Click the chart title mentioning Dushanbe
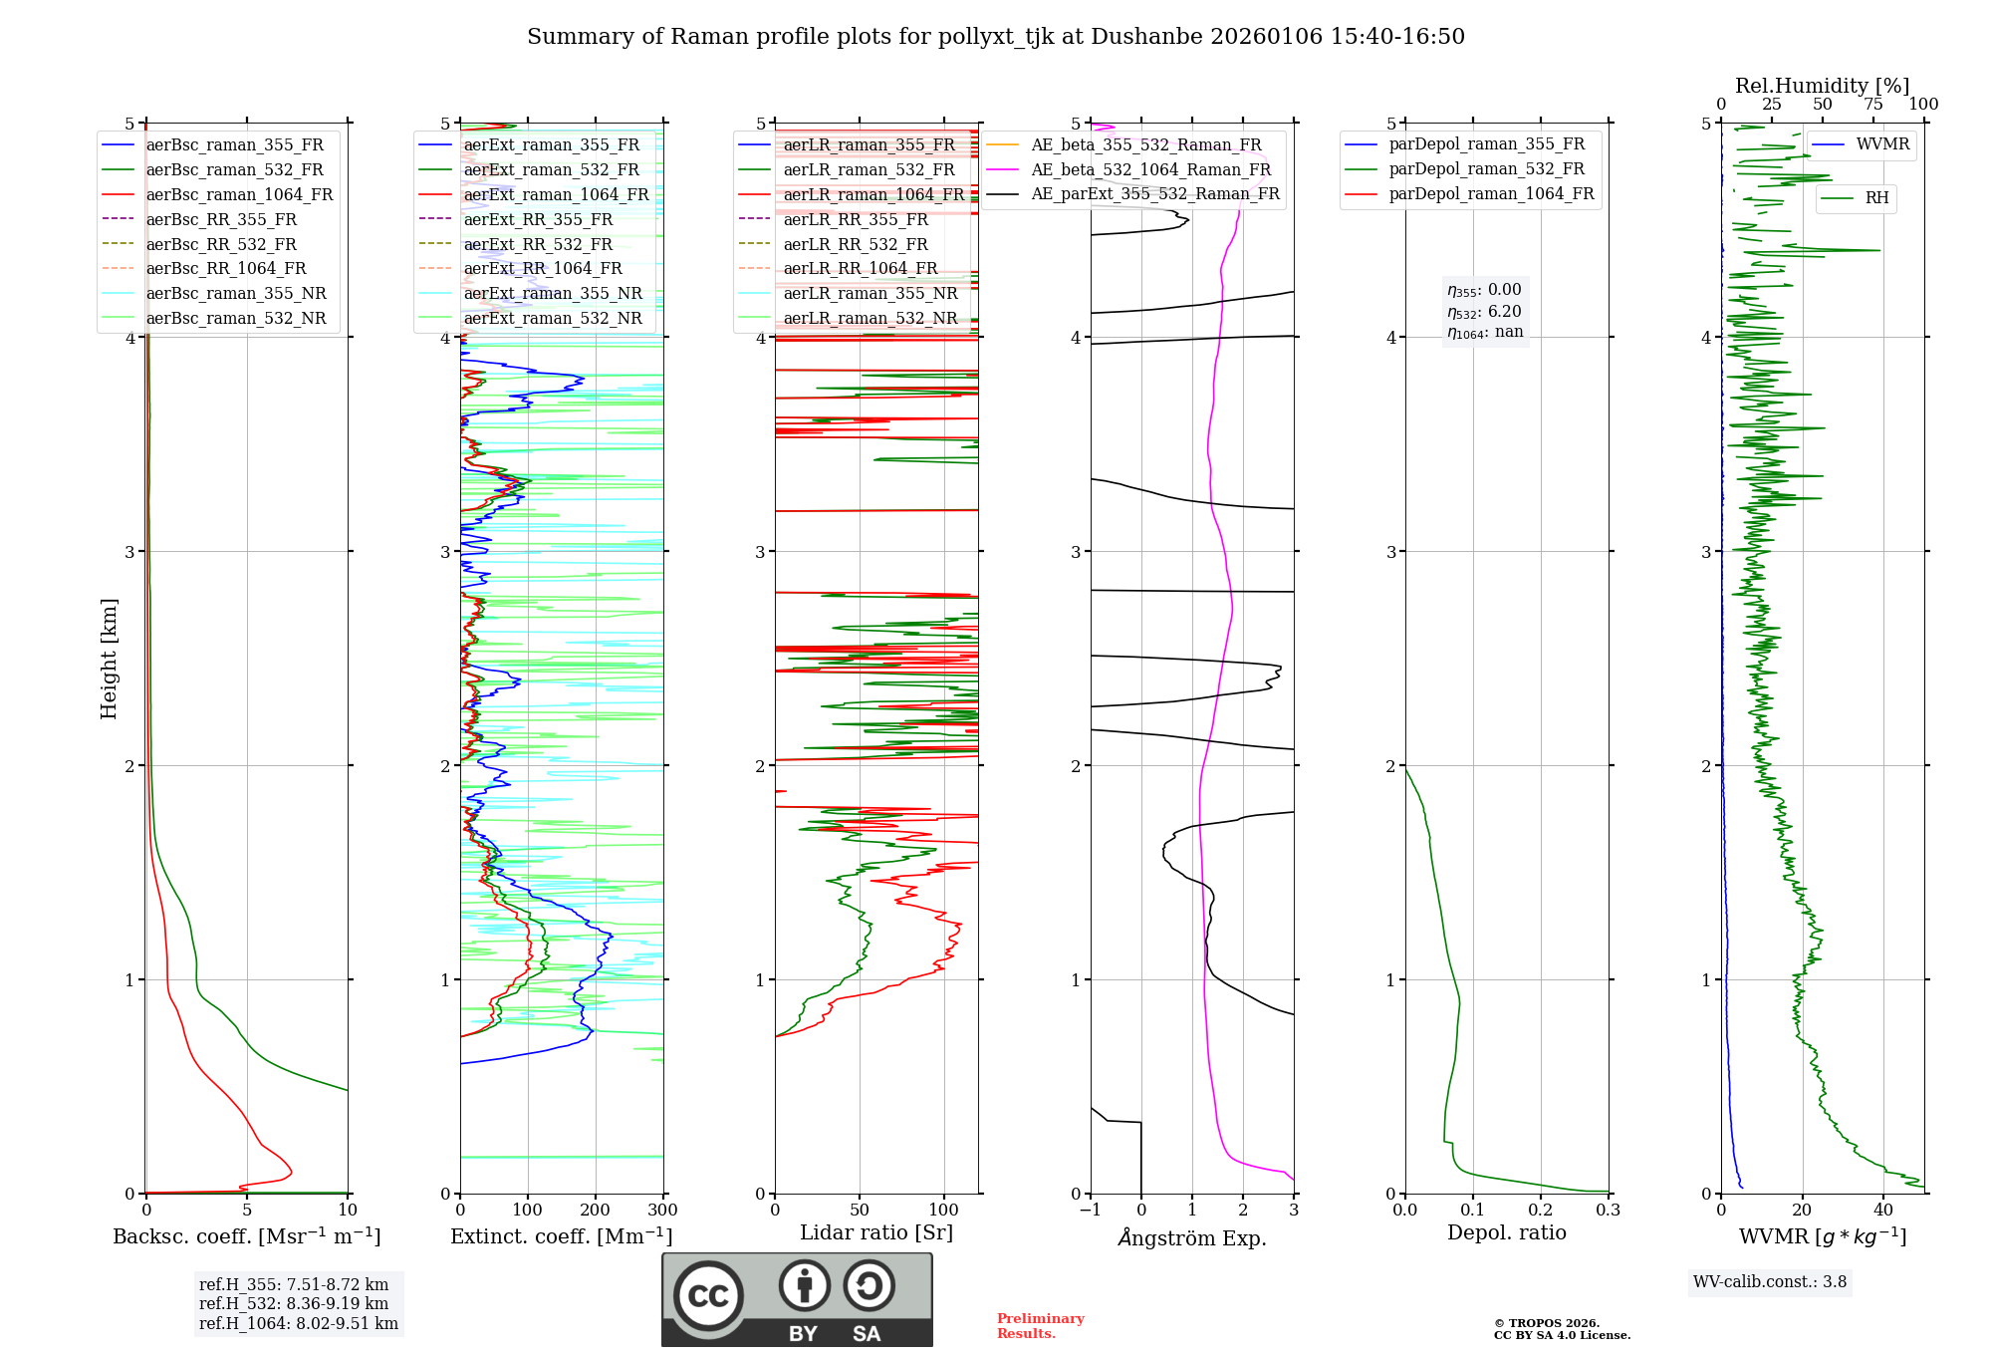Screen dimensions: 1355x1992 [995, 37]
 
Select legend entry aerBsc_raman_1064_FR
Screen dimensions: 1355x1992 [239, 195]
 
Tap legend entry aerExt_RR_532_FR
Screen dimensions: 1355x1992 [538, 244]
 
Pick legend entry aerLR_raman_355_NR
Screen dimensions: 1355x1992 [870, 294]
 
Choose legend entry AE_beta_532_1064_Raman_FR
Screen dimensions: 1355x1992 [1150, 170]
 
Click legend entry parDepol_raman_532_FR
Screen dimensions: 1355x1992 [1486, 169]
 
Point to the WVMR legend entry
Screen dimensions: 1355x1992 [1882, 144]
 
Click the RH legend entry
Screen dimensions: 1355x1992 [1876, 198]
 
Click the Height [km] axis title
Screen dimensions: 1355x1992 [109, 659]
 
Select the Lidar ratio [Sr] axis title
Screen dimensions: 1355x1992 [876, 1233]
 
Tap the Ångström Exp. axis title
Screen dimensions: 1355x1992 [1192, 1238]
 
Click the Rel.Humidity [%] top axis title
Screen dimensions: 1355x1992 [1822, 86]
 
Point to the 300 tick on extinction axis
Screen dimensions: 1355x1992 [662, 1211]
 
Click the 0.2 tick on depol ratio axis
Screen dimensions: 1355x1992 [1541, 1211]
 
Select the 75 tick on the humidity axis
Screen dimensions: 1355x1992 [1873, 105]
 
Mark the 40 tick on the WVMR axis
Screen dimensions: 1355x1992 [1883, 1211]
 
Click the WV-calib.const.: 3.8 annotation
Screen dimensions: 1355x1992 [1770, 1282]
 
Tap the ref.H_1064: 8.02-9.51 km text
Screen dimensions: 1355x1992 [299, 1324]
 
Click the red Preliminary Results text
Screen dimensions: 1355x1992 [1040, 1326]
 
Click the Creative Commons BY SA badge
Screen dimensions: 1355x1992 [797, 1300]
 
